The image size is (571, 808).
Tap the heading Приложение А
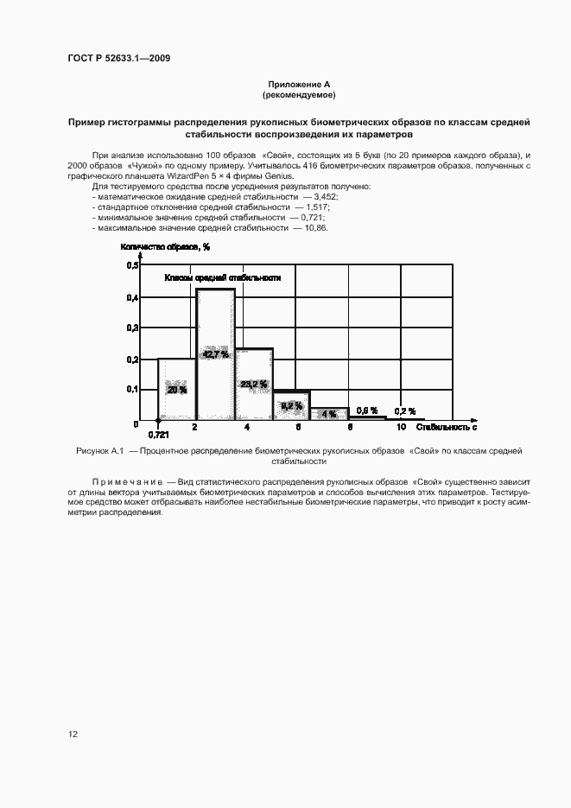point(298,85)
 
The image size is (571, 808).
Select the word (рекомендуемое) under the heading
point(298,94)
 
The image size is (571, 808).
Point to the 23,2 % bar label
point(254,385)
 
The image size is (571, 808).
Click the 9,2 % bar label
point(291,405)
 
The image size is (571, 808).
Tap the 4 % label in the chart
point(328,414)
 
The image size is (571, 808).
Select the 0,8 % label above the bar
point(367,410)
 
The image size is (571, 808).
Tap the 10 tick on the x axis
point(402,428)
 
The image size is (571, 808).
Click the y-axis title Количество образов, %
point(166,247)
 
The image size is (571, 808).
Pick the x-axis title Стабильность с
point(447,428)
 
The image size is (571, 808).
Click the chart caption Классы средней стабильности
point(223,278)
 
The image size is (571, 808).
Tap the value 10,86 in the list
point(316,227)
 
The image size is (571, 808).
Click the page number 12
point(73,735)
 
